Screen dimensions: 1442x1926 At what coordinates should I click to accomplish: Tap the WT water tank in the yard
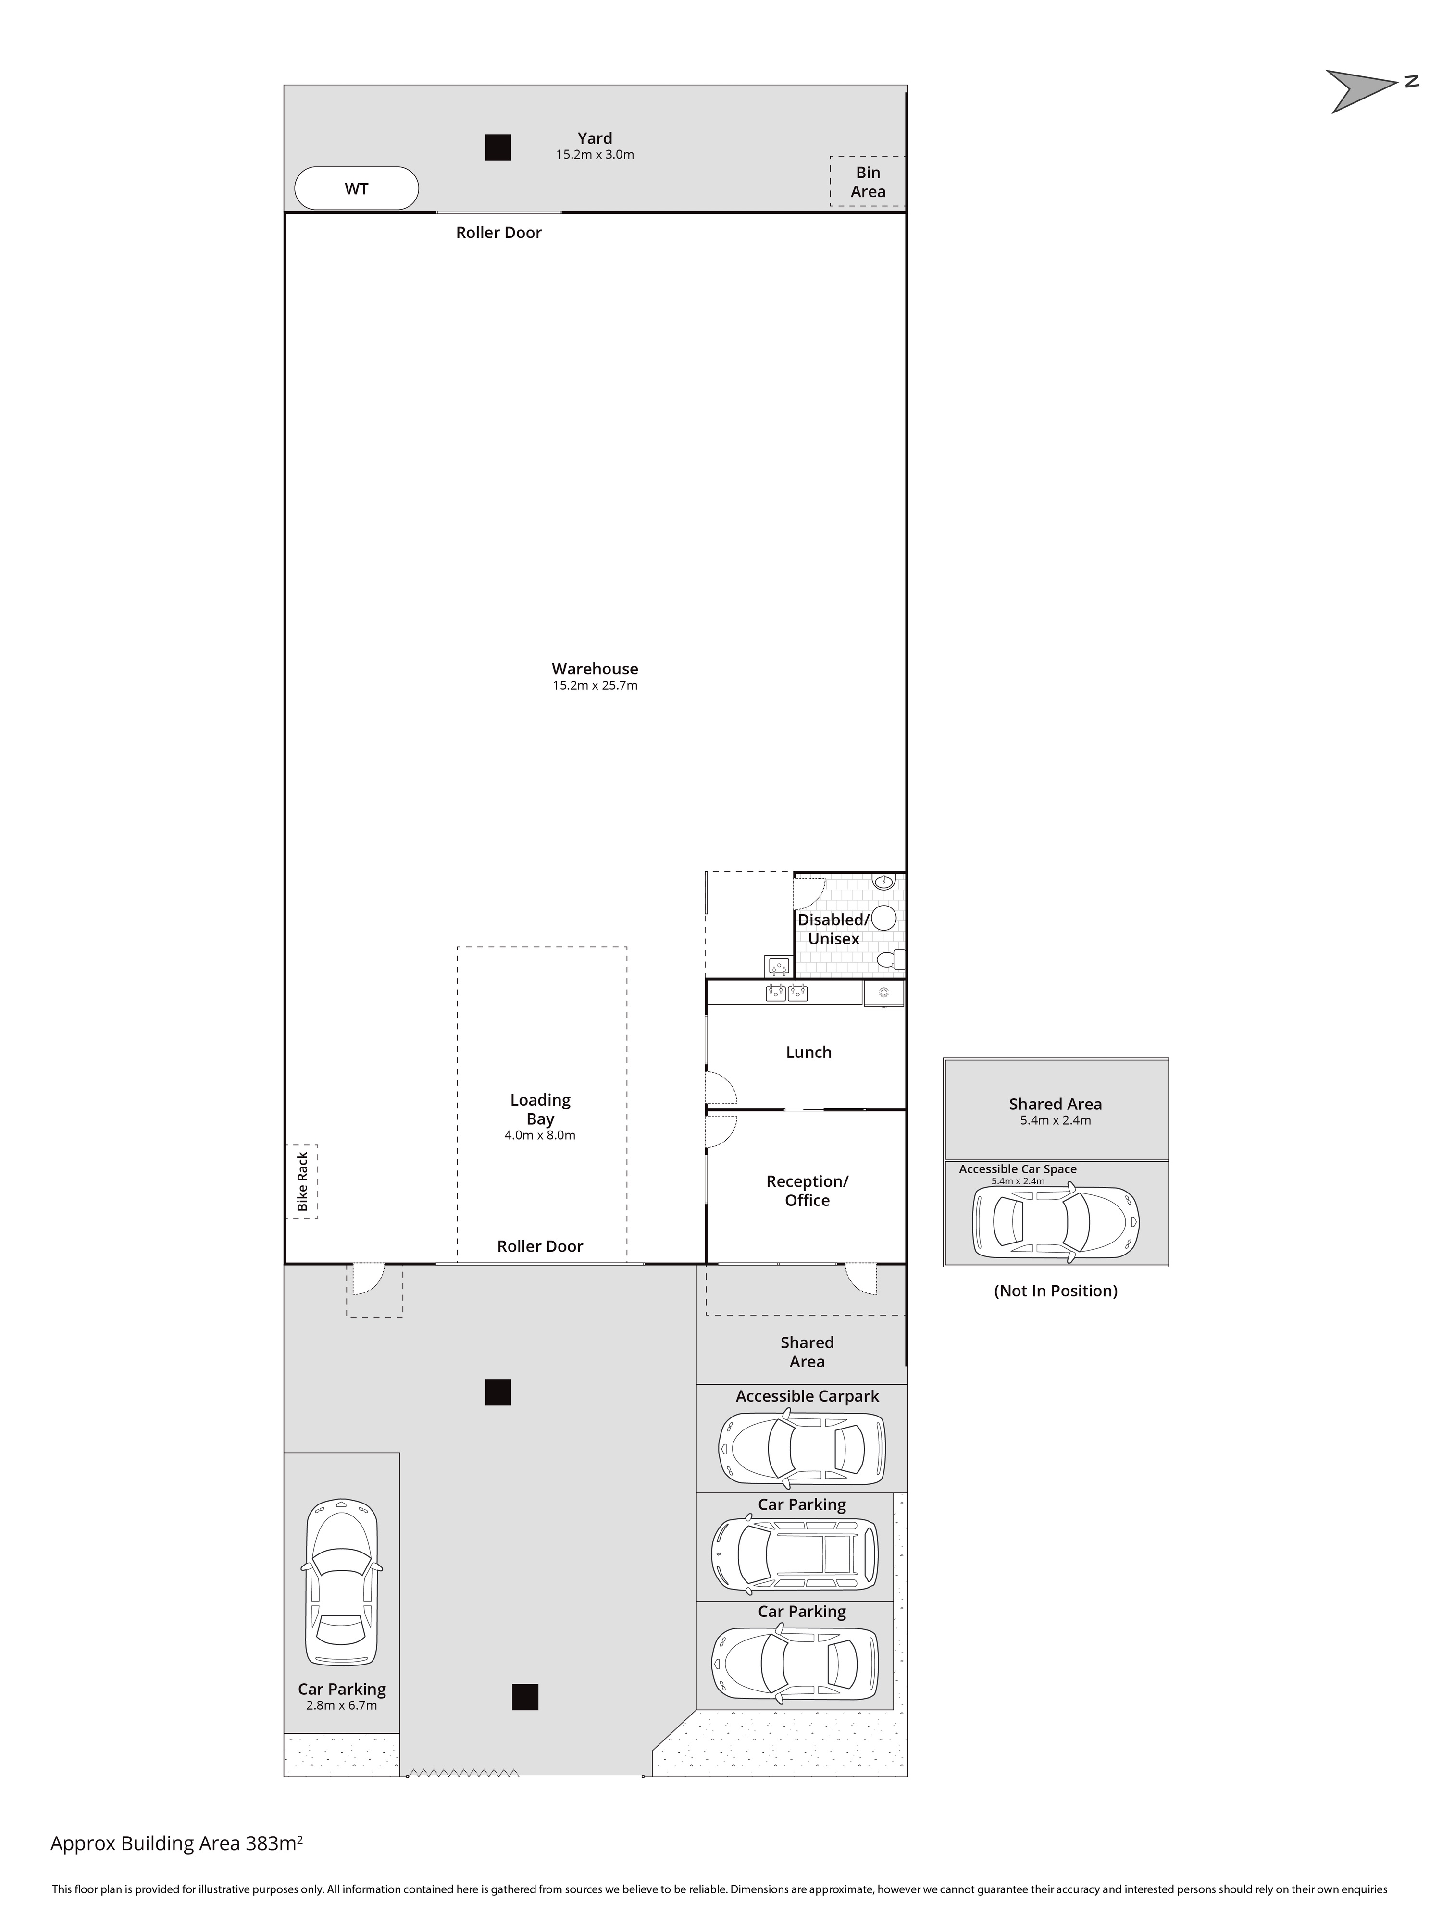point(356,188)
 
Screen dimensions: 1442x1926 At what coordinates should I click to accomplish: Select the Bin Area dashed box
point(867,181)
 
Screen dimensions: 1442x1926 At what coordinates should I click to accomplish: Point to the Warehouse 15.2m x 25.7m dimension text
point(595,685)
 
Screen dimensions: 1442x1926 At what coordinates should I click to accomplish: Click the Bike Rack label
point(302,1181)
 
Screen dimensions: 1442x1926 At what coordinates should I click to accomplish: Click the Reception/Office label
point(807,1190)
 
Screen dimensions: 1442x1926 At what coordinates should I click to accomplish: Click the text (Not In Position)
point(1056,1291)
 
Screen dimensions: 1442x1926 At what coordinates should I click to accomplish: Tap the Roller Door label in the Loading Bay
point(540,1246)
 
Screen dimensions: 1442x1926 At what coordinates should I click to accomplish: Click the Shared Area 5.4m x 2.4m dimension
point(1056,1120)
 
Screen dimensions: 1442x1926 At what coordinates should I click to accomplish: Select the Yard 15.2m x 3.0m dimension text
point(595,155)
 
